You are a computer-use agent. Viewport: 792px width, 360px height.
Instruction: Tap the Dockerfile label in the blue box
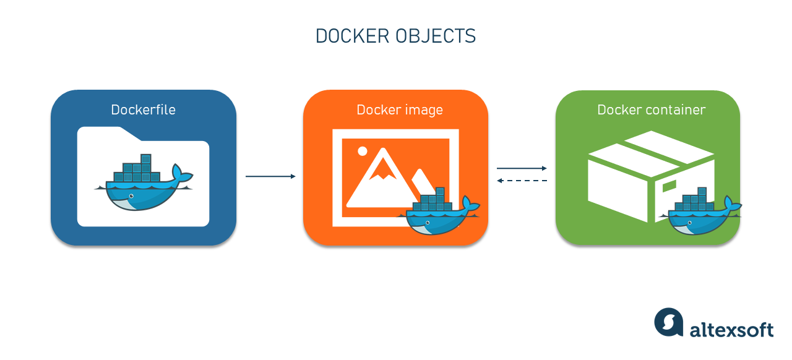[x=143, y=110]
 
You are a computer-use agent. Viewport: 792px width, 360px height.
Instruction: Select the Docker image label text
[x=399, y=110]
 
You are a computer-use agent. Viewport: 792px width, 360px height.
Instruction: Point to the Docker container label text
[x=651, y=110]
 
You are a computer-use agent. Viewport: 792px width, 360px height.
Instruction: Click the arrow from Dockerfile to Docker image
[x=270, y=177]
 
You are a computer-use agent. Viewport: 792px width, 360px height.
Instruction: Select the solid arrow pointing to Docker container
[x=522, y=168]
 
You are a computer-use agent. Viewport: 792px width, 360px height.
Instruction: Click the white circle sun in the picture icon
[x=363, y=151]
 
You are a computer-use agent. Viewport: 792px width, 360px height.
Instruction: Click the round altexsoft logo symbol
[x=669, y=323]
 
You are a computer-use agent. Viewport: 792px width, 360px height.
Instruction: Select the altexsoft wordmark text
[x=731, y=329]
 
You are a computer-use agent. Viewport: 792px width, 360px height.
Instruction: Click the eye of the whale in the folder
[x=131, y=196]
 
